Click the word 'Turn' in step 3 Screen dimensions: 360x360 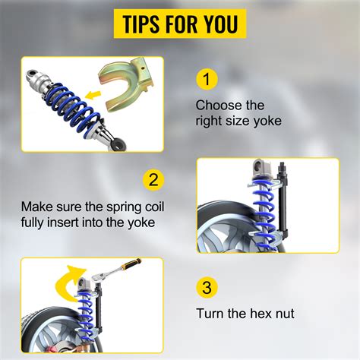pos(210,312)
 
